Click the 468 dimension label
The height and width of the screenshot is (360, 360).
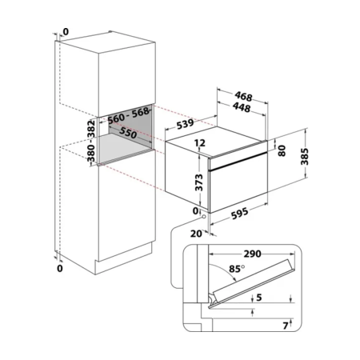pos(243,97)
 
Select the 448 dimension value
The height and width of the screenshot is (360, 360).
pos(242,107)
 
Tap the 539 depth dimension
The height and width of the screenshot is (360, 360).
pos(185,124)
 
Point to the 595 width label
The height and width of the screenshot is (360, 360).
pos(240,214)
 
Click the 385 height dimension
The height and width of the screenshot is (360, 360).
pos(305,157)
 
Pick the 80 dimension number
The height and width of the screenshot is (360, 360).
pos(282,150)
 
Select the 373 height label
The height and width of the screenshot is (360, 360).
pos(199,182)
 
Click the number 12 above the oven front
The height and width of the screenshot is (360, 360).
pos(200,143)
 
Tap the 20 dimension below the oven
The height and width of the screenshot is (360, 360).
pos(196,234)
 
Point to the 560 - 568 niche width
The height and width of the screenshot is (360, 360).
pos(128,115)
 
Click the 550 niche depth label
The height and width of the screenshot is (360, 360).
pos(128,133)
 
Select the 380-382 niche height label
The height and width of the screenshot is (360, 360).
pos(91,141)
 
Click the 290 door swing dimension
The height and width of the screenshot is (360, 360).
pos(252,254)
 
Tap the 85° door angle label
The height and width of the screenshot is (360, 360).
pos(237,269)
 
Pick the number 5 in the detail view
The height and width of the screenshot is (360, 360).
pos(259,298)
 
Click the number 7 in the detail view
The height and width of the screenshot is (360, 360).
pos(286,326)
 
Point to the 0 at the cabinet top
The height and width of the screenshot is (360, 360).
pos(66,32)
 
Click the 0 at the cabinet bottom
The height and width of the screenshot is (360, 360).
pos(60,268)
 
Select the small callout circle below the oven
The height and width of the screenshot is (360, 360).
pos(204,216)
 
